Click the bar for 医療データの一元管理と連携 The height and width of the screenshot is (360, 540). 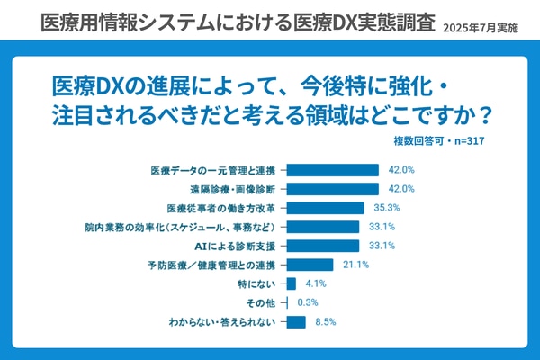pos(331,170)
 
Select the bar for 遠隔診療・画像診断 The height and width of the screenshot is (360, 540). pos(331,189)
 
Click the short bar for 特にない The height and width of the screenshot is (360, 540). pos(290,283)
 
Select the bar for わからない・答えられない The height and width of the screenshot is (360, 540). pos(294,321)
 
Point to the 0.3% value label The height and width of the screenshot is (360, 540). pos(307,302)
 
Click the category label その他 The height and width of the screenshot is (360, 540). pos(259,302)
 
